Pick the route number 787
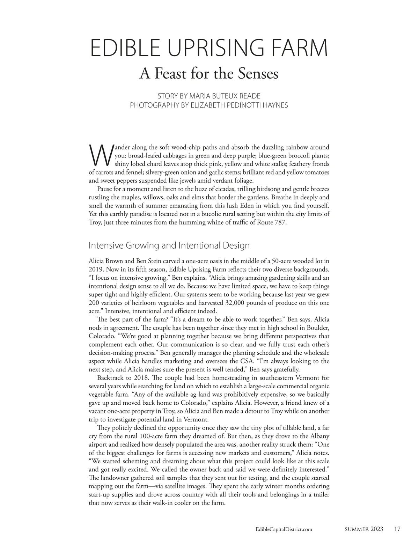point(280,222)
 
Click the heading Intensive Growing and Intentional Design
point(169,245)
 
